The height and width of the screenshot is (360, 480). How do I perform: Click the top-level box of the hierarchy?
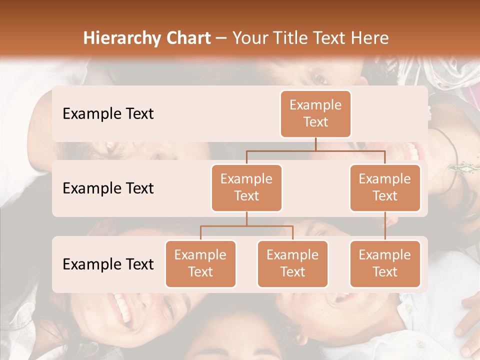(315, 113)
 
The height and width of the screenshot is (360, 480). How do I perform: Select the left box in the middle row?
(246, 187)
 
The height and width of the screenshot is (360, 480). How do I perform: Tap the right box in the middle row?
(385, 187)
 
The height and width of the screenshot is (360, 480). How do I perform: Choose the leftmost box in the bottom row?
(200, 263)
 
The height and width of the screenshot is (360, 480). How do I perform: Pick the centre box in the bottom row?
(292, 263)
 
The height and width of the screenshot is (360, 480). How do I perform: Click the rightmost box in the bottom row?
(385, 263)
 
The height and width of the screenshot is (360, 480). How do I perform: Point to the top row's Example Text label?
(108, 114)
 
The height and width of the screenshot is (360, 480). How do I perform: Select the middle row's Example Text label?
(108, 188)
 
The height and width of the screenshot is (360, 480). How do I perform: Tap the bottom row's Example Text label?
(108, 264)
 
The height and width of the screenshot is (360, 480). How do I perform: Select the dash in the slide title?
(221, 38)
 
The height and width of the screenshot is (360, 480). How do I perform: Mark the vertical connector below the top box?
(315, 144)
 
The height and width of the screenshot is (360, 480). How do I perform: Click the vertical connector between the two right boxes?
(385, 226)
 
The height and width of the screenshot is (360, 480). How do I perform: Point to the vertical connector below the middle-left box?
(246, 218)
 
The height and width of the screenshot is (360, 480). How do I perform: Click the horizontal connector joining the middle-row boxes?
(315, 150)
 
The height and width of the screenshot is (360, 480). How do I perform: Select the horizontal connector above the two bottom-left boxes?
(246, 226)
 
